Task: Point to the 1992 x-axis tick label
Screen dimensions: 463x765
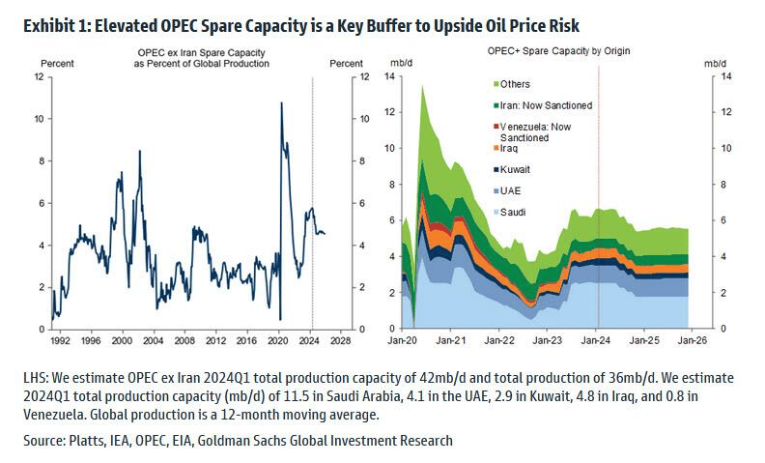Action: (60, 341)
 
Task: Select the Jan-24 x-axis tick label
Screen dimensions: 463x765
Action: (598, 341)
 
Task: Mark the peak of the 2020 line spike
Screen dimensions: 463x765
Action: (280, 102)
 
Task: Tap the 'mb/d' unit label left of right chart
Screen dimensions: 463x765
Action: (399, 63)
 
